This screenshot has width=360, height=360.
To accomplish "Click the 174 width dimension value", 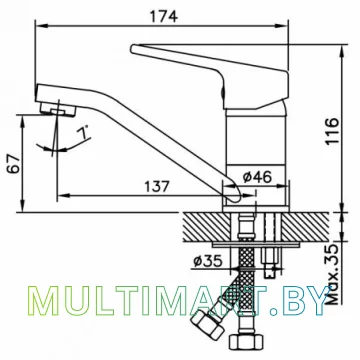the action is [163, 16].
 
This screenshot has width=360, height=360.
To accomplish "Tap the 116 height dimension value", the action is [332, 131].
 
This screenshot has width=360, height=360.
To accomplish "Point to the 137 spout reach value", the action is [157, 186].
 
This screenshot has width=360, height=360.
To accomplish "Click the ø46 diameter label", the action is [257, 177].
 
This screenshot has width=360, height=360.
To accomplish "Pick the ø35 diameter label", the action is [207, 261].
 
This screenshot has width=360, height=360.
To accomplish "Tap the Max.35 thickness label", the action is [331, 274].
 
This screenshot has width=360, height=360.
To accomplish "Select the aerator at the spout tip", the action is [57, 109].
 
